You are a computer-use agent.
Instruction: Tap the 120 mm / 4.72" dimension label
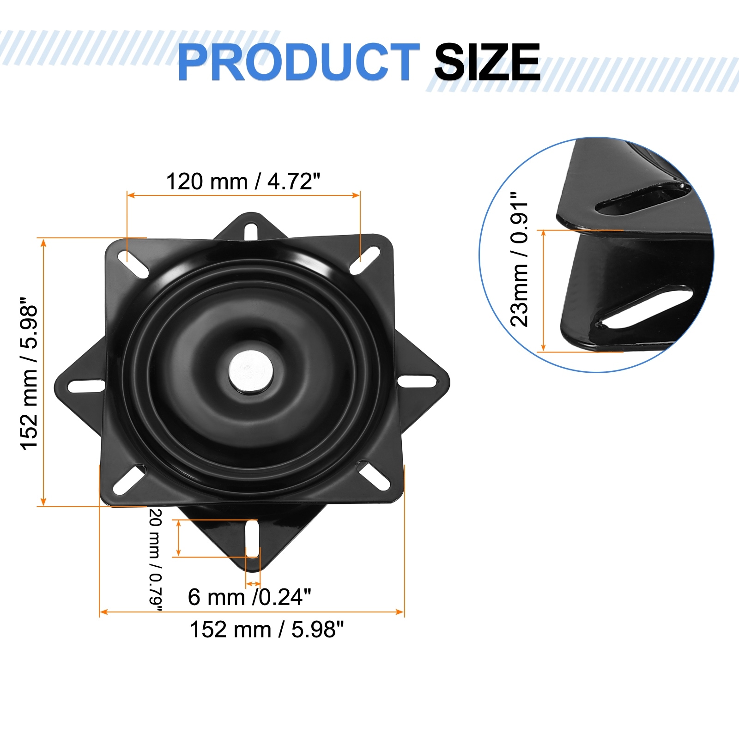point(243,181)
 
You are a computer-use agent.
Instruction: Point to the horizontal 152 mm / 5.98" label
point(267,629)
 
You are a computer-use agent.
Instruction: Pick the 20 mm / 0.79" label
point(156,560)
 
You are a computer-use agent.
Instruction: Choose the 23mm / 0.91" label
point(519,260)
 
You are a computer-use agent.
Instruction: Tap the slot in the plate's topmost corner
point(251,231)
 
